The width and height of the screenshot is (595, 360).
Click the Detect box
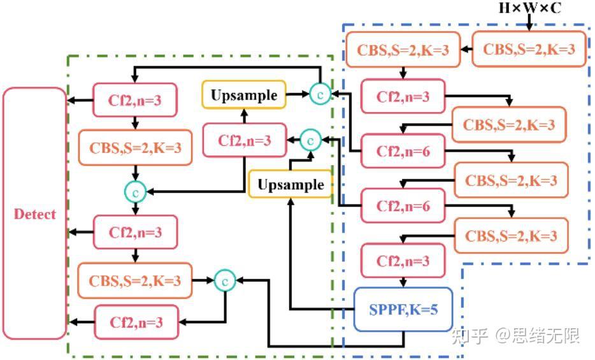[x=34, y=213]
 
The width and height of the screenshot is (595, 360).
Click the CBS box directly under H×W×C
[x=528, y=49]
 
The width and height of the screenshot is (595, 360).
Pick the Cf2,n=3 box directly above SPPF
[x=402, y=261]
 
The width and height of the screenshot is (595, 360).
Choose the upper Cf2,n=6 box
[x=402, y=152]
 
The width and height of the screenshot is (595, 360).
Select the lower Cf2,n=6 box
[x=402, y=206]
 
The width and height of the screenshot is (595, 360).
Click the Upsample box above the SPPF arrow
[x=290, y=185]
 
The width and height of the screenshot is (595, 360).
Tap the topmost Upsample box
[x=244, y=96]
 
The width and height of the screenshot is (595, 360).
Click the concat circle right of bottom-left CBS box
[x=225, y=280]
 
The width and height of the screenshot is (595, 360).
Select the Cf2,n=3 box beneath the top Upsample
[x=244, y=140]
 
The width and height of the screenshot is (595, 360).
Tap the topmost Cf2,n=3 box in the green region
[x=136, y=100]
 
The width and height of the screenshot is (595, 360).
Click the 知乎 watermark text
[x=470, y=336]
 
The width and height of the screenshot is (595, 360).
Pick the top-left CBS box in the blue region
[x=402, y=49]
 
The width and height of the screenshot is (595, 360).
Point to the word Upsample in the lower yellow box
[x=290, y=185]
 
